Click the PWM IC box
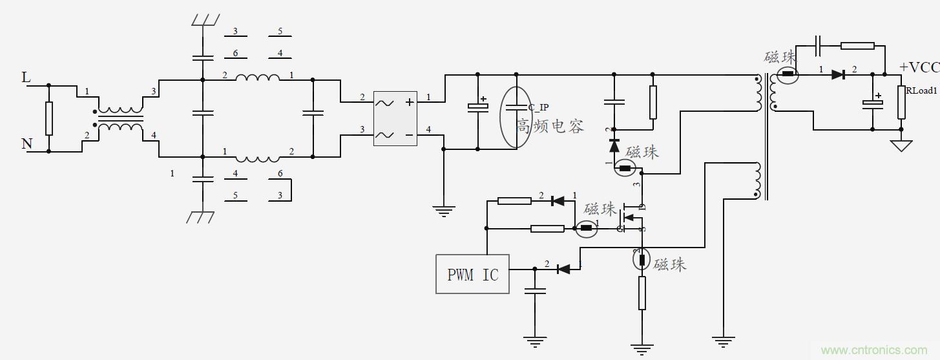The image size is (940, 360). coord(472,274)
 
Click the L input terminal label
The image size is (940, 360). coord(26,78)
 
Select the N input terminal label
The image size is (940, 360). coord(26,143)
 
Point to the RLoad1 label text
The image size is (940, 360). coord(921,90)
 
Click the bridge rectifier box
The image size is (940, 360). coord(395,118)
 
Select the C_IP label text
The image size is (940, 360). coord(538,107)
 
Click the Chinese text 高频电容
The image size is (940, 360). coord(550,125)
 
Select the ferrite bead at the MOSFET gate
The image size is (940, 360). coord(587,228)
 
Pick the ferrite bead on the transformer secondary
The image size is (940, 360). coord(788,74)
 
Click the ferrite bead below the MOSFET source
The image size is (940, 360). coord(642,260)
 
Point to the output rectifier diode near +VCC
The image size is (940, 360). coord(838,74)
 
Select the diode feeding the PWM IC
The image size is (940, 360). coord(563,268)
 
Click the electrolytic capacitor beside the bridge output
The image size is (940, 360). coord(477,107)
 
